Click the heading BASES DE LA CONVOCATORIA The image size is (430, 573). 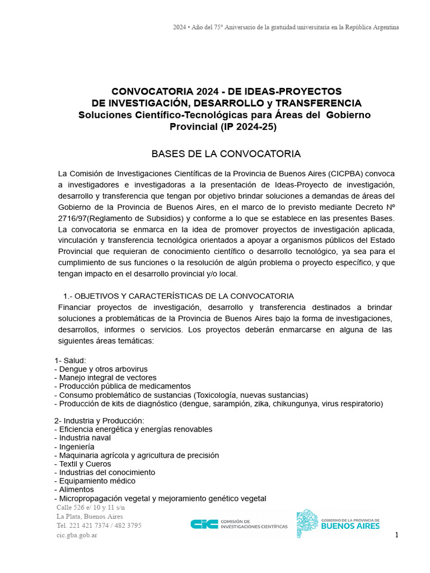tap(226, 154)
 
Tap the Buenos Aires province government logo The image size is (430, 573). tap(338, 524)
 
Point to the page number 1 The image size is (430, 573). tap(396, 535)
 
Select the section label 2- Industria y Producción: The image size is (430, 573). tap(99, 421)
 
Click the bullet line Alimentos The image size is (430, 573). tap(76, 490)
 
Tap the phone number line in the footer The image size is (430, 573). tap(99, 525)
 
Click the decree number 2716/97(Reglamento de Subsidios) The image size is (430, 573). tap(120, 218)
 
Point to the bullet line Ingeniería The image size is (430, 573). tap(76, 447)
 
